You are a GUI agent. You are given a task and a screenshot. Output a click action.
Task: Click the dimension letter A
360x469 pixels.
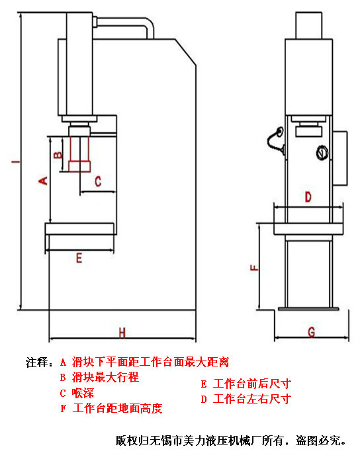click(x=44, y=180)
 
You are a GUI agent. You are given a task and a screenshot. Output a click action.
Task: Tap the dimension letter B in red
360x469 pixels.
click(x=58, y=155)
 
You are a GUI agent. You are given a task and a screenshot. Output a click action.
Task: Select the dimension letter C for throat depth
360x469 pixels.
click(x=97, y=181)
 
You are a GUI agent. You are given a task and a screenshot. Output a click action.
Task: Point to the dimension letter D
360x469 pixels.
click(x=307, y=196)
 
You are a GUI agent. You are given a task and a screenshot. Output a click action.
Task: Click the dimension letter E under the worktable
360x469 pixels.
click(x=79, y=259)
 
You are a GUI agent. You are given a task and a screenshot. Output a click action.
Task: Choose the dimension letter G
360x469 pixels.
click(x=310, y=331)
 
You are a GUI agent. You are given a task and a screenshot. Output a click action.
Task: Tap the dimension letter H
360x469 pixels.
click(x=122, y=331)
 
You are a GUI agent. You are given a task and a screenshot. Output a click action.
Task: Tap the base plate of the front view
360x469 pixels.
click(x=308, y=308)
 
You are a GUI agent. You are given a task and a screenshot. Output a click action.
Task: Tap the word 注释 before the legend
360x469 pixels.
click(x=36, y=362)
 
